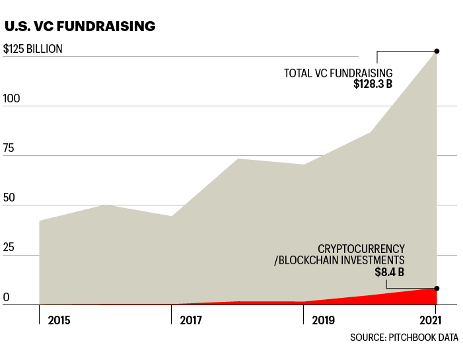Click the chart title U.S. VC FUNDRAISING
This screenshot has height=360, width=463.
click(x=80, y=27)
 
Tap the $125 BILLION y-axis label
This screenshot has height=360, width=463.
click(x=33, y=49)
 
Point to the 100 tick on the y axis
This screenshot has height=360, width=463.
click(x=11, y=98)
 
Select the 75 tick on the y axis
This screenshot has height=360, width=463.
click(x=9, y=148)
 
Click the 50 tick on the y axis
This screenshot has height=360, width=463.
click(x=9, y=198)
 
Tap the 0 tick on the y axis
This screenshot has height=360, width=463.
click(x=6, y=298)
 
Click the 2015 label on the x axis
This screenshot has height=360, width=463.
click(x=59, y=321)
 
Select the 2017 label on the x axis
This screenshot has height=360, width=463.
click(x=191, y=321)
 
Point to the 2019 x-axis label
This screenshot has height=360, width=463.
click(x=322, y=321)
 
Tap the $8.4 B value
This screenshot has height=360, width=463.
click(x=390, y=272)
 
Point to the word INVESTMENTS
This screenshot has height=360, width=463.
click(x=372, y=260)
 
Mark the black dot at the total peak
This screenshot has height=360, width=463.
click(x=437, y=51)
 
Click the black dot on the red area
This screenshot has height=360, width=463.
click(x=437, y=288)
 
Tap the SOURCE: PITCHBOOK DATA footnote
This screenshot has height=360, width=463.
click(x=404, y=338)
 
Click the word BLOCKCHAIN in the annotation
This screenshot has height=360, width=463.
click(x=308, y=260)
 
